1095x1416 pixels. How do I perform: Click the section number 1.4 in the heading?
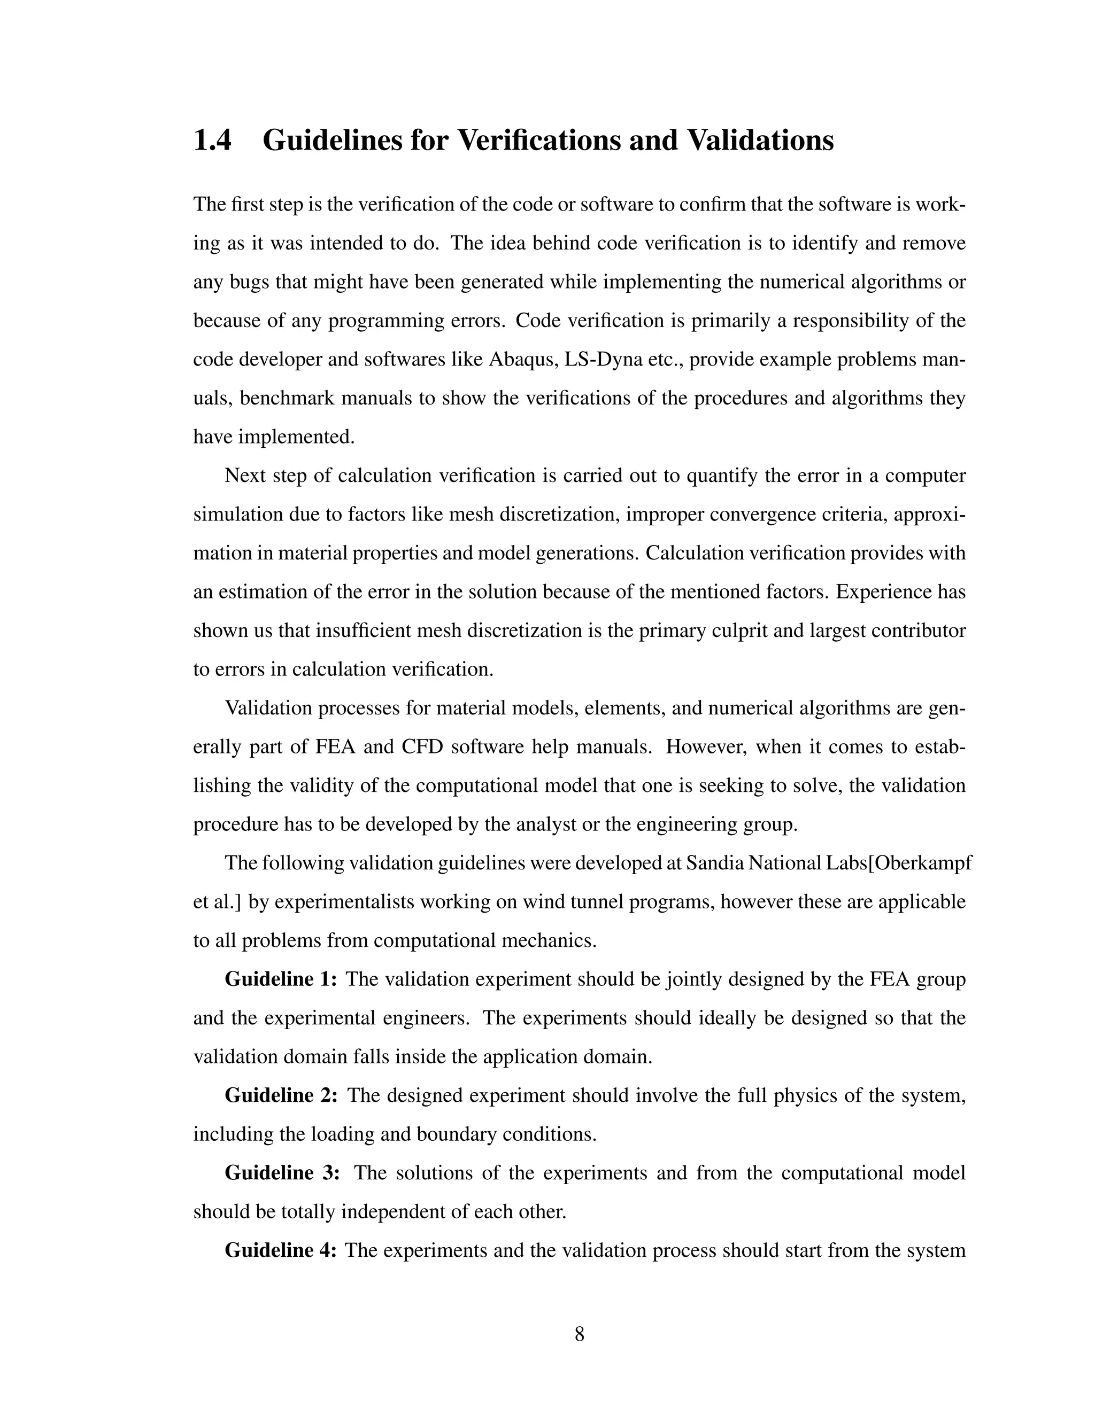(212, 141)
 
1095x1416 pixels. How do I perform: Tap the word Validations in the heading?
(760, 141)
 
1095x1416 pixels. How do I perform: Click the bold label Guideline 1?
(280, 979)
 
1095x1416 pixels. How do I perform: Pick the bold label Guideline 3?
(282, 1173)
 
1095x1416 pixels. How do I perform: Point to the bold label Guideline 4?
(280, 1250)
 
